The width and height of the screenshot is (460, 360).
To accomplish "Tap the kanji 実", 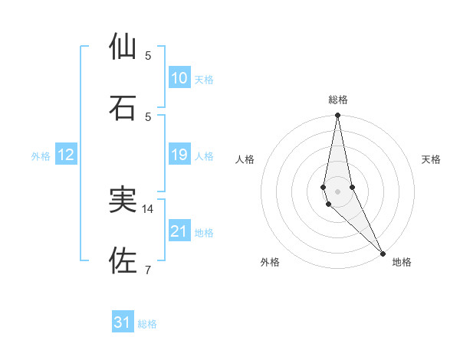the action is [x=124, y=200].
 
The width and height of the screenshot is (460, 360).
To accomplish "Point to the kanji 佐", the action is [x=124, y=260].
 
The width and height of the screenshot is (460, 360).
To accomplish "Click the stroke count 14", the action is [x=148, y=208].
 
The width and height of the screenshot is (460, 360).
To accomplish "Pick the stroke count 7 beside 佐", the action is [x=148, y=269].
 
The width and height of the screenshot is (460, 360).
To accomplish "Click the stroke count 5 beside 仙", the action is [x=148, y=55].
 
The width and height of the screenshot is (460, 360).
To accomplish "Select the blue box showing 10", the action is [x=179, y=78].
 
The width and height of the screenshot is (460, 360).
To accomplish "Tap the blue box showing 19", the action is [x=179, y=155].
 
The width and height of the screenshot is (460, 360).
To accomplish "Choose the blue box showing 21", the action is [x=179, y=231].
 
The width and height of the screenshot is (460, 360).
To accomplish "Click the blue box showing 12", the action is [x=66, y=155].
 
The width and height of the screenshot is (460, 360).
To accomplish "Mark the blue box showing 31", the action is [x=123, y=322].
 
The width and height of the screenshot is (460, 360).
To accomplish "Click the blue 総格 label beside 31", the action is [x=147, y=324].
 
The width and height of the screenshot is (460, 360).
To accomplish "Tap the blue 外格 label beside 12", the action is [x=41, y=156].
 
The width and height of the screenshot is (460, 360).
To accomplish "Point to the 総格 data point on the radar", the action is [x=337, y=116].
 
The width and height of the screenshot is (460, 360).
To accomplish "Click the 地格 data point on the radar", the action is [x=383, y=252].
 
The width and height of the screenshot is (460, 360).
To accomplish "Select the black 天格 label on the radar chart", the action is [x=432, y=159].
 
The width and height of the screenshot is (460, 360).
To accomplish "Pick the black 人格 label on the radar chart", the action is [x=245, y=159].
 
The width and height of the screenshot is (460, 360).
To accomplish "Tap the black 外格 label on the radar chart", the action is [x=270, y=262].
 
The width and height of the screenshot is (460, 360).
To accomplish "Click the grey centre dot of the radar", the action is [x=337, y=191].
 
